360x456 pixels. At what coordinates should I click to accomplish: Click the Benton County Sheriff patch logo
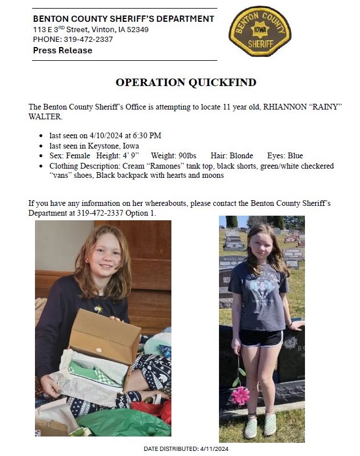(259, 31)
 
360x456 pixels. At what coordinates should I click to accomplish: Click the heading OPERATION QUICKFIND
(186, 83)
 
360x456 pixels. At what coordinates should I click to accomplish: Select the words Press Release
(62, 50)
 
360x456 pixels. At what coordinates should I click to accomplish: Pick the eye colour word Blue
(295, 156)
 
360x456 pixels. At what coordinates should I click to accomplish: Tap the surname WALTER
(44, 116)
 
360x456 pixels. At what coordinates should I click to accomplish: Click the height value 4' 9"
(130, 156)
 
